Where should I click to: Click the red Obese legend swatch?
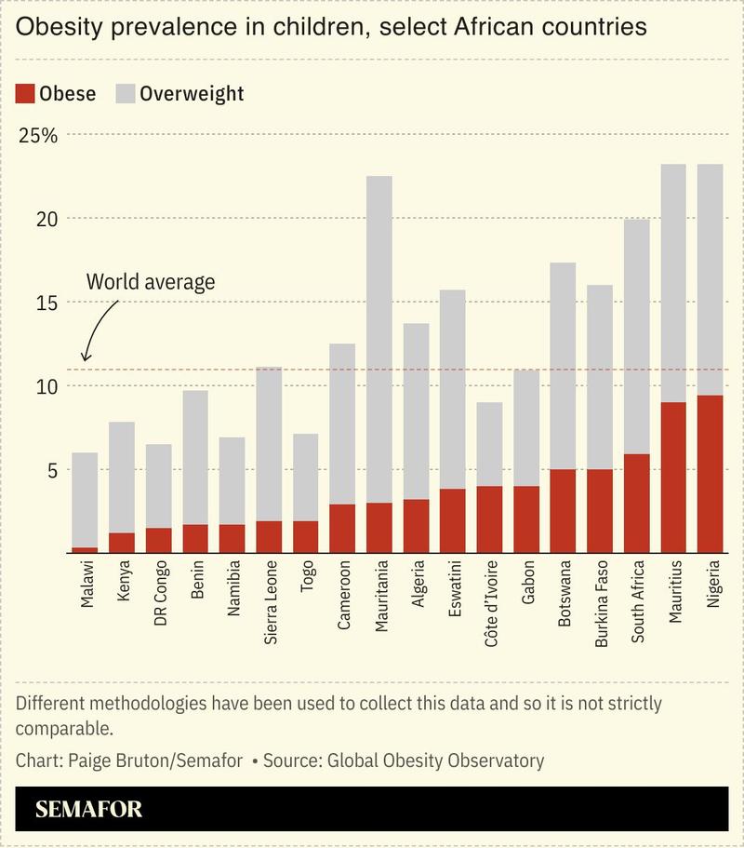26,94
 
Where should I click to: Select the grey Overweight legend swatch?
125,94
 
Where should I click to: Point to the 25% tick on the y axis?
38,135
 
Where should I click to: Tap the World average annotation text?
150,282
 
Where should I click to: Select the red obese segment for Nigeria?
711,474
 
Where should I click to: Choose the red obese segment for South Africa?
636,504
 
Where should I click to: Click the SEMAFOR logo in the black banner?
89,809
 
